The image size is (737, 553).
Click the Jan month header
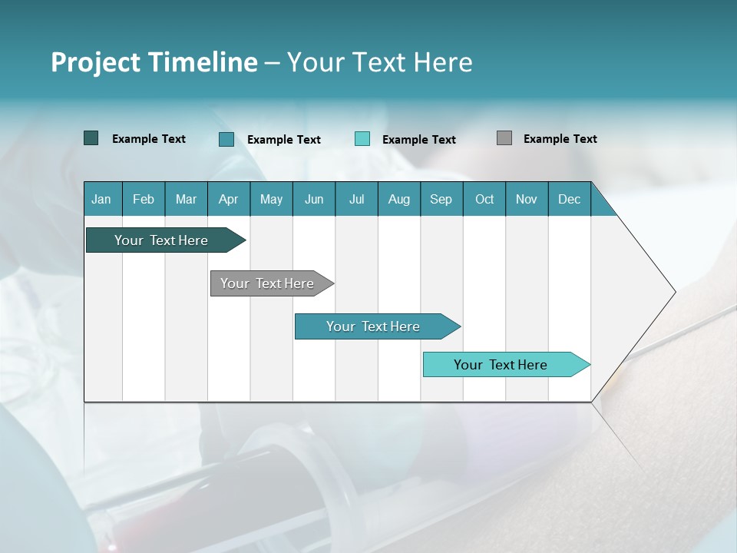(x=102, y=199)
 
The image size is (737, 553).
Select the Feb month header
(x=144, y=199)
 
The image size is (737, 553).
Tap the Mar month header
(x=186, y=199)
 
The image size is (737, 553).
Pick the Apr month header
(x=229, y=199)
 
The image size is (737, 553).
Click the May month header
(x=271, y=199)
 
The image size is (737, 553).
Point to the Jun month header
(x=314, y=199)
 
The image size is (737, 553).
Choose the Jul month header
(x=356, y=199)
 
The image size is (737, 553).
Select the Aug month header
(x=399, y=199)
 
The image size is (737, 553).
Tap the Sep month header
(x=441, y=199)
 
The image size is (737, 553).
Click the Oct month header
(x=484, y=199)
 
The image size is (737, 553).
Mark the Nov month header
(x=527, y=199)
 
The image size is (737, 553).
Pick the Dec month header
(x=570, y=199)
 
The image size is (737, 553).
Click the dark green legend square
(x=91, y=138)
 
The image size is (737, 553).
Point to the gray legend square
(x=504, y=138)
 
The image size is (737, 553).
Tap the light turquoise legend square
(x=362, y=139)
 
